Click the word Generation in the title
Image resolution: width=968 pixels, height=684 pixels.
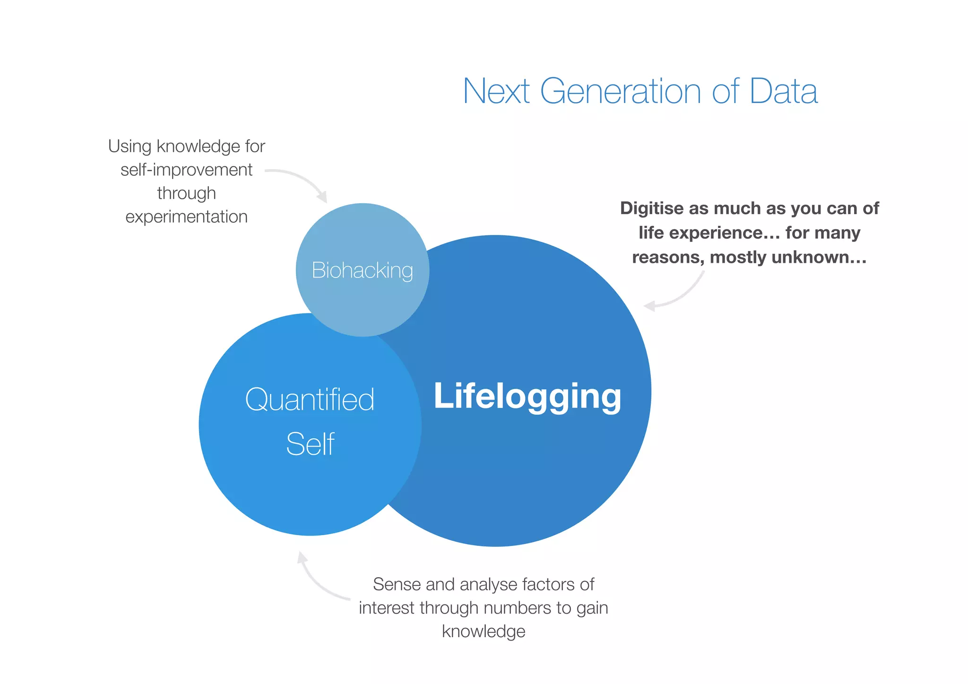[621, 91]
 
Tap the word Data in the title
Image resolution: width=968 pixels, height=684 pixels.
[783, 91]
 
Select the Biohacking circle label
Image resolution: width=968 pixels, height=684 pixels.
[363, 270]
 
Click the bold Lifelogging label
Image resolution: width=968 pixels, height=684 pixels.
[527, 396]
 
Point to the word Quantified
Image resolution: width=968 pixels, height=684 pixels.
[310, 399]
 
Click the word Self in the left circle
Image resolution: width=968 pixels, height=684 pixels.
[310, 444]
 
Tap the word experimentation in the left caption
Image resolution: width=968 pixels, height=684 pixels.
[186, 216]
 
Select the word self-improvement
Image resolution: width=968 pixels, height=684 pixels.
[186, 170]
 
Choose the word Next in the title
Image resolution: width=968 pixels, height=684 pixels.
[496, 91]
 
